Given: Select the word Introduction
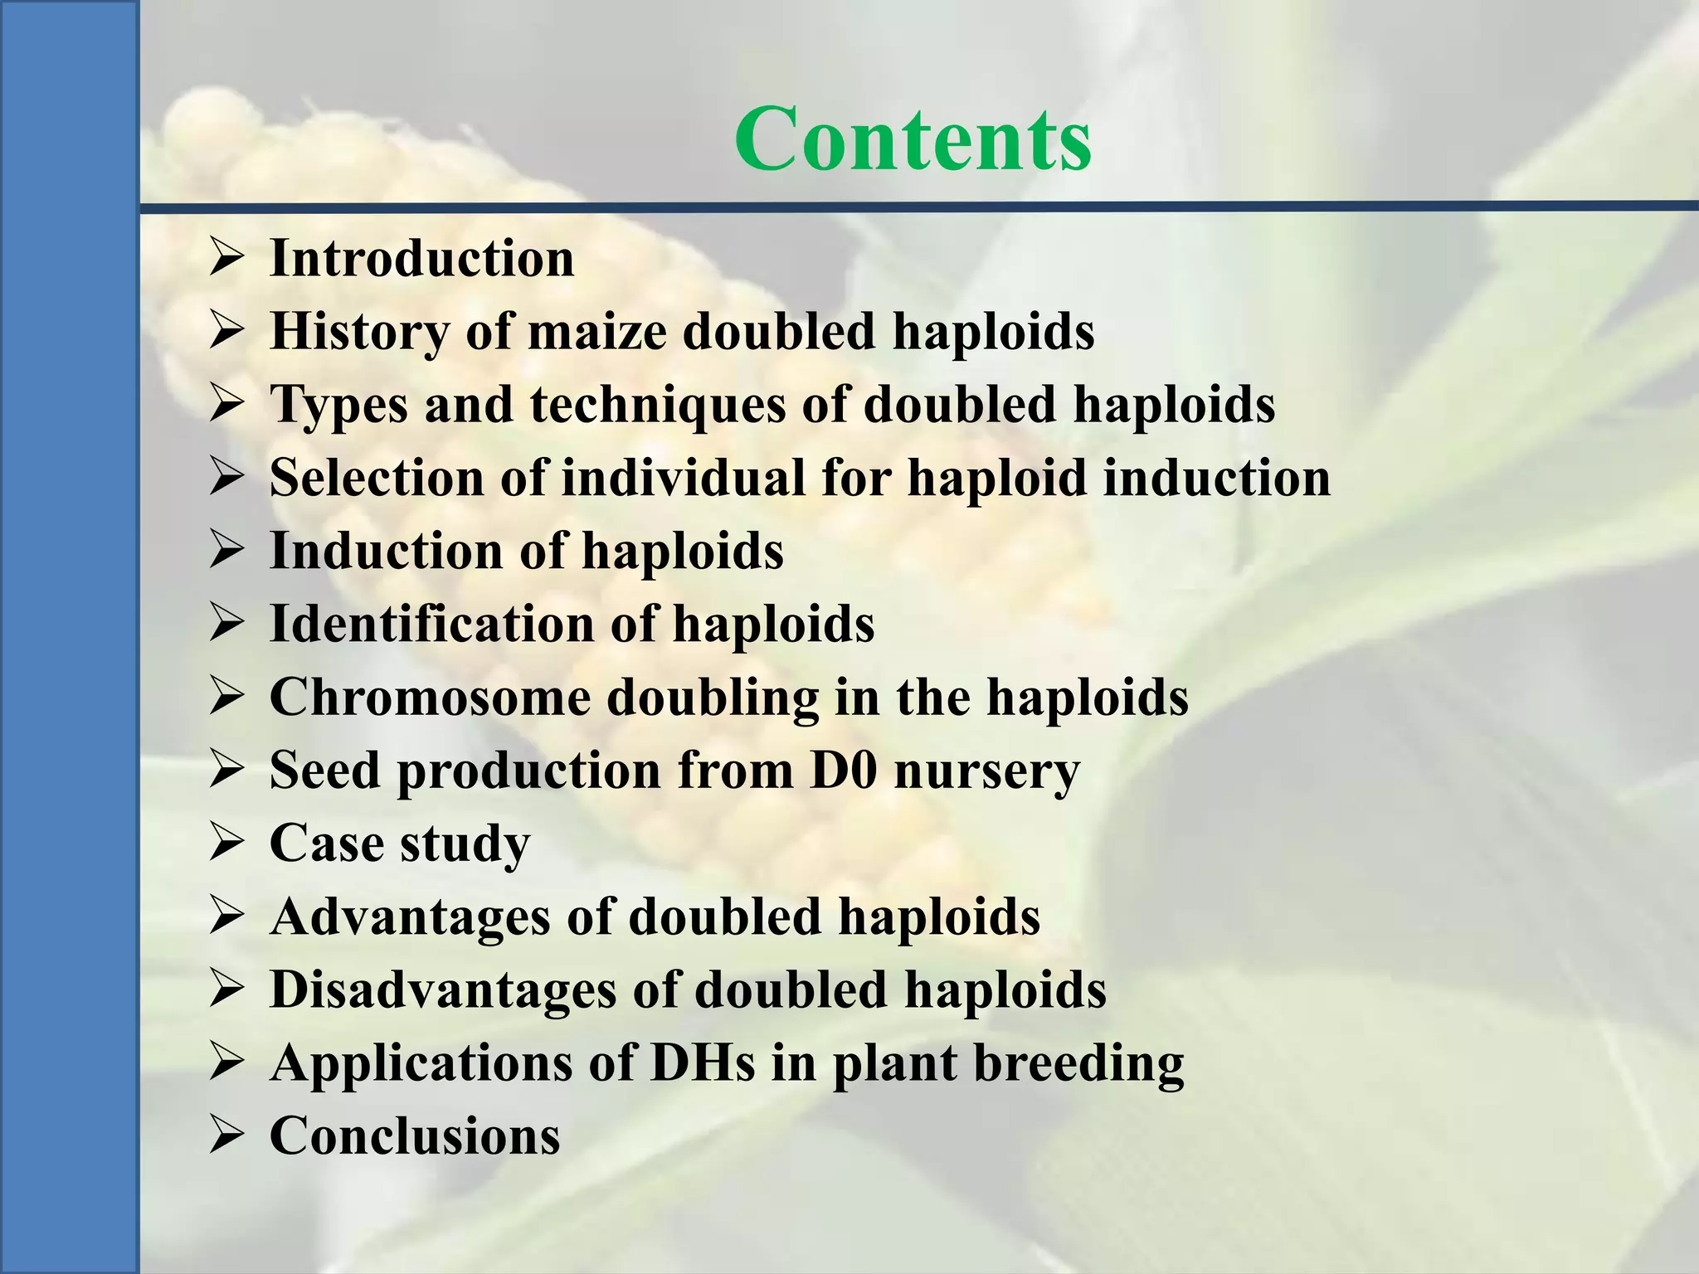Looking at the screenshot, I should (x=421, y=258).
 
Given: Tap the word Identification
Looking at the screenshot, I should (x=432, y=624).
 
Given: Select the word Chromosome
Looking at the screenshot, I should (x=430, y=697).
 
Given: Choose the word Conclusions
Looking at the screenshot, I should (x=415, y=1135).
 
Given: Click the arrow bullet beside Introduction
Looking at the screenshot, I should (x=226, y=258).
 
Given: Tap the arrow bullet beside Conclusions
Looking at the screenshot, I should (x=226, y=1135).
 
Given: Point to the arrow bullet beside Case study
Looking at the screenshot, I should (x=226, y=844).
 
